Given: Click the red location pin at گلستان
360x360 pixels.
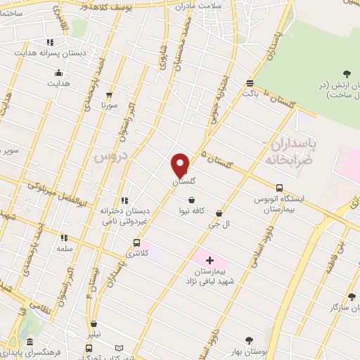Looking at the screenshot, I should [x=180, y=165].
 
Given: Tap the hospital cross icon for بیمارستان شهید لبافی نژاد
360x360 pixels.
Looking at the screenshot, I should [x=210, y=260].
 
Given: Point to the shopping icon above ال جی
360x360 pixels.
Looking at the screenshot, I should [x=219, y=213].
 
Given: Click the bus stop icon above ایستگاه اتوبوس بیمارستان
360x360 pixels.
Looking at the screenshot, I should [x=280, y=188].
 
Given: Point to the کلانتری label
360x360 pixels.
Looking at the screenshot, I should [x=137, y=253].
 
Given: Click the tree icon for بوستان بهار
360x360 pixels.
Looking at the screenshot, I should [x=248, y=340].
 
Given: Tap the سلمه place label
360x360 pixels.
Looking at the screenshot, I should [x=65, y=249].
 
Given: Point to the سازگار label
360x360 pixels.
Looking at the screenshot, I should [x=344, y=307].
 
